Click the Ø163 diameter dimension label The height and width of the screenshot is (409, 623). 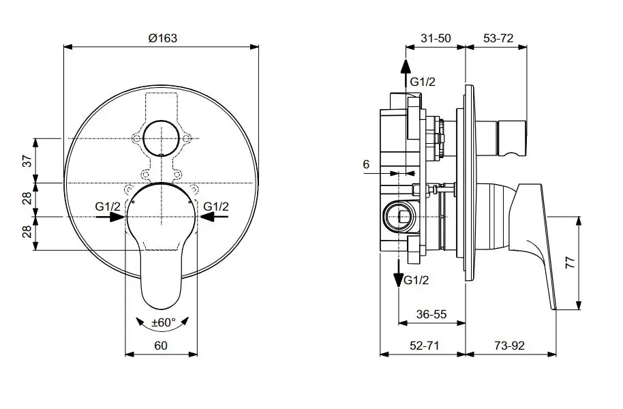pyautogui.click(x=162, y=38)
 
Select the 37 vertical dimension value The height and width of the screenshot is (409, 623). pyautogui.click(x=27, y=161)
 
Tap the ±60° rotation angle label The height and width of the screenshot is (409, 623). pyautogui.click(x=164, y=322)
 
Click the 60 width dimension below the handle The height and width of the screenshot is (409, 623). pyautogui.click(x=161, y=346)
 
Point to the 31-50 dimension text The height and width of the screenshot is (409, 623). pyautogui.click(x=436, y=38)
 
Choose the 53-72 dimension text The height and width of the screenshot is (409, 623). pyautogui.click(x=498, y=38)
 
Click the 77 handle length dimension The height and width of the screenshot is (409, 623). pyautogui.click(x=571, y=262)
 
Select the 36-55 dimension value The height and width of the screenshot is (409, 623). pyautogui.click(x=431, y=314)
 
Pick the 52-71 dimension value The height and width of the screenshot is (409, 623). pyautogui.click(x=425, y=346)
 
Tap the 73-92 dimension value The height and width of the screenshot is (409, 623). pyautogui.click(x=509, y=346)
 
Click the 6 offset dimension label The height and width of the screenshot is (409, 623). pyautogui.click(x=366, y=164)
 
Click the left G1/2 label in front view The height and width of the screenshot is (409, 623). pyautogui.click(x=108, y=207)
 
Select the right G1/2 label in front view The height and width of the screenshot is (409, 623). pyautogui.click(x=216, y=207)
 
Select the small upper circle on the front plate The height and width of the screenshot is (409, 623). pyautogui.click(x=162, y=138)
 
